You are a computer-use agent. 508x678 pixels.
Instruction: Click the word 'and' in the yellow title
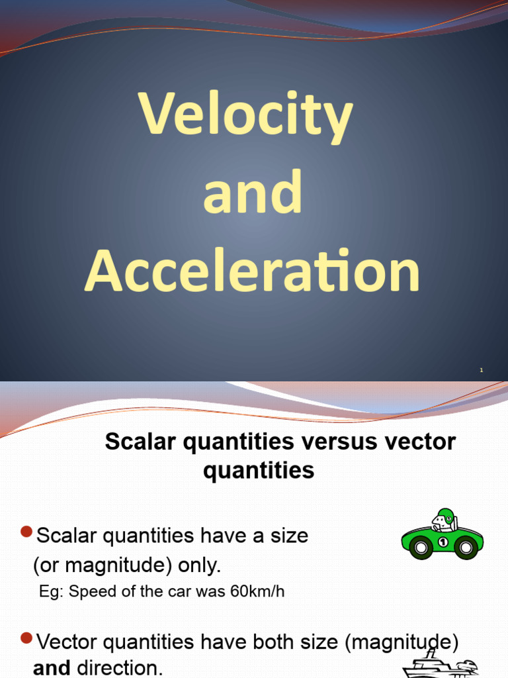[253, 193]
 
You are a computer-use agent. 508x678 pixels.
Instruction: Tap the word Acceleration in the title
[252, 272]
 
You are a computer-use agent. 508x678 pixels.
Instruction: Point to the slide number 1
[482, 371]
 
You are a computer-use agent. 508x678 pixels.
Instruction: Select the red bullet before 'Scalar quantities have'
[27, 532]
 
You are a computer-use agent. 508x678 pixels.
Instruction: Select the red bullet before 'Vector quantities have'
[27, 638]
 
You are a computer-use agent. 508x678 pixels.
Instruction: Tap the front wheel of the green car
[466, 548]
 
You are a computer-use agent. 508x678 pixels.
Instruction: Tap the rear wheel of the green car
[420, 548]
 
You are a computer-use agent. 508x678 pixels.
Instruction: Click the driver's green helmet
[444, 514]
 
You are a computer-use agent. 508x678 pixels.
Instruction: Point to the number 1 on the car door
[443, 542]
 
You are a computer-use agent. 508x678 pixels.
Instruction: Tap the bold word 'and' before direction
[52, 668]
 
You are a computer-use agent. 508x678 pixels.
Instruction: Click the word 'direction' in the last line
[119, 668]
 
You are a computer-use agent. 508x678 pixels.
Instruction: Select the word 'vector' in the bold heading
[423, 442]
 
